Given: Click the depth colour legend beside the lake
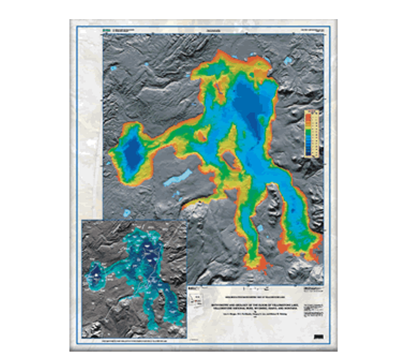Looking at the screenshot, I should pos(312,132).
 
